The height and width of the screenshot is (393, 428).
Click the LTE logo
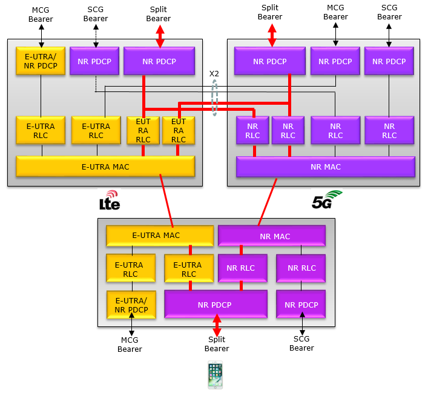pos(110,200)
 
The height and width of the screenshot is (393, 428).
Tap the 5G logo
pos(327,200)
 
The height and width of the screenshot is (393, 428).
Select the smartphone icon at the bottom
pos(215,375)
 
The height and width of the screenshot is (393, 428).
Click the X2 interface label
pos(214,74)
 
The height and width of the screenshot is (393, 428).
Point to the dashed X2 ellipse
pos(215,97)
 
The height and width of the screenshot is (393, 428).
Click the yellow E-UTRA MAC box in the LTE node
pos(105,167)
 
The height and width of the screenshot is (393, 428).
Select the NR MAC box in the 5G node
pos(326,167)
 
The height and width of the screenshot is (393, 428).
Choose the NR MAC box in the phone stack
pos(272,236)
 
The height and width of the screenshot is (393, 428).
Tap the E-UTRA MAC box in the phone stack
pos(160,236)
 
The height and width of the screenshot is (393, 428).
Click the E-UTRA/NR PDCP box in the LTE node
pos(41,61)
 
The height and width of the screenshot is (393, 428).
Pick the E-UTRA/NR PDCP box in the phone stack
pos(131,305)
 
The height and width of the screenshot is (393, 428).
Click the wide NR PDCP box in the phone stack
pos(216,304)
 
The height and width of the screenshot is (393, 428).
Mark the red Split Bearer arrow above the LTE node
pos(160,36)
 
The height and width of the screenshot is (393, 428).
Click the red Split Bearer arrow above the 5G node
pos(272,35)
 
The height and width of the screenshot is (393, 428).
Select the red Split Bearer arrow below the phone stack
pos(217,325)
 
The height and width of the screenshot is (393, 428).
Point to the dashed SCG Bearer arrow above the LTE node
pos(96,36)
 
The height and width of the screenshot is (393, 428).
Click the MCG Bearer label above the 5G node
pos(335,12)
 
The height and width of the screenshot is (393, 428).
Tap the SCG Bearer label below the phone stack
pos(301,343)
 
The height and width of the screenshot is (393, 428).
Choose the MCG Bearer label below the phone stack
pos(130,345)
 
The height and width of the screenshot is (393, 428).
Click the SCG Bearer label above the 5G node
pos(389,12)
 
